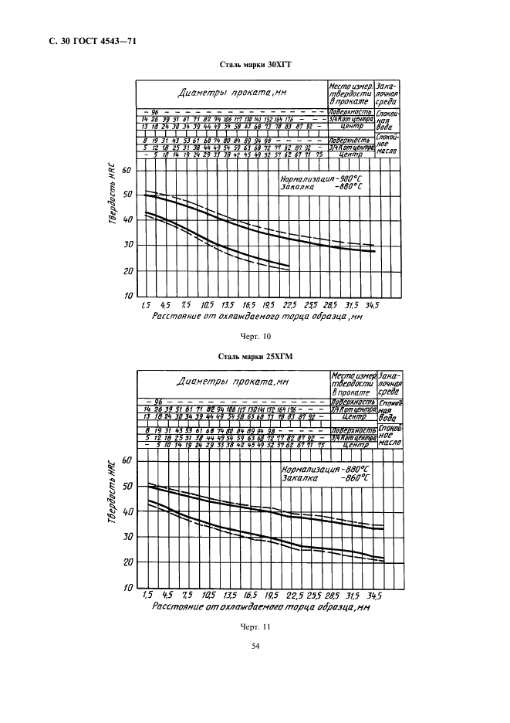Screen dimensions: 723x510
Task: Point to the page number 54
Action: [255, 657]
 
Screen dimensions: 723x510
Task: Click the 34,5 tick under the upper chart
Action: [373, 306]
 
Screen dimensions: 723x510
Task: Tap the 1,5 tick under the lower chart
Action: [147, 596]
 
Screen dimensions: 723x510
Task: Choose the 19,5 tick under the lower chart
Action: [271, 596]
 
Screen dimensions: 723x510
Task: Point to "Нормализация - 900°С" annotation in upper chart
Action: [323, 178]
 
